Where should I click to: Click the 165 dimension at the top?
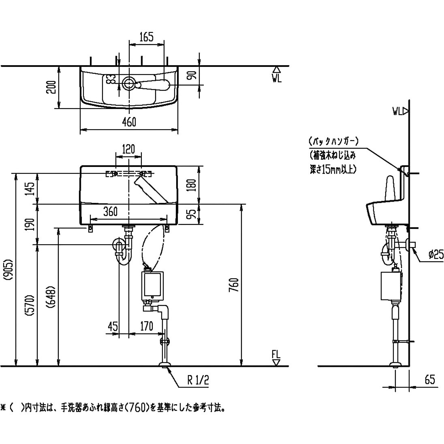[146, 37]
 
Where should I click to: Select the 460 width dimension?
[129, 122]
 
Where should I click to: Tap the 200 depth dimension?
[51, 87]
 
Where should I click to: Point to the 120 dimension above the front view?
[128, 149]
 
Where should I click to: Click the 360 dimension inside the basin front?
[110, 211]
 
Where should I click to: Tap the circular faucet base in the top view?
[129, 83]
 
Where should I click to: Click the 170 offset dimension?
[146, 326]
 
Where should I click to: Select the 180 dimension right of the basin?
[193, 185]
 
